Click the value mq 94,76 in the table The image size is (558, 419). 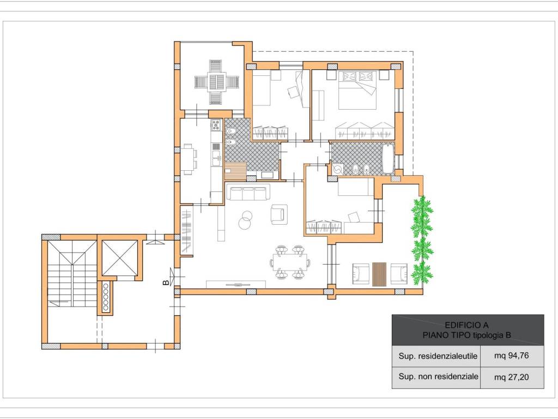511,356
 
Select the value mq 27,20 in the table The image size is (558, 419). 511,377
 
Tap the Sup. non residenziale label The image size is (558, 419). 439,376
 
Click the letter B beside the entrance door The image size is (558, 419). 166,283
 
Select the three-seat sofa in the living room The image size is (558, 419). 248,193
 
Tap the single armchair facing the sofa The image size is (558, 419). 279,214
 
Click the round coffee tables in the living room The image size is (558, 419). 245,220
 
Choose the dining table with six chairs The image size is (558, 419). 290,262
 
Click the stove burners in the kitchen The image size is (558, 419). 216,125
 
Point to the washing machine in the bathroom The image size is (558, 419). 337,170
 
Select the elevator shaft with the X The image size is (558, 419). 119,258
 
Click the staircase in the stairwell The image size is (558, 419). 72,274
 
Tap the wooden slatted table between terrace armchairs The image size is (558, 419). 379,274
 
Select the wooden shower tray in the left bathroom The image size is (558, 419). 235,171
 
